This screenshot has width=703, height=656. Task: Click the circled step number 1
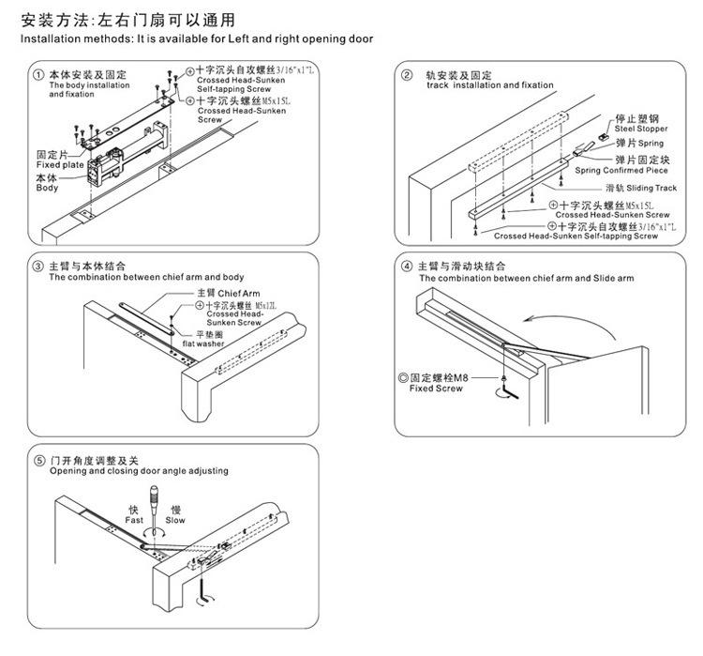point(38,74)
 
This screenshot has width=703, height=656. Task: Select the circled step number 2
point(407,75)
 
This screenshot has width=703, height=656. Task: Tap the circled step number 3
point(38,267)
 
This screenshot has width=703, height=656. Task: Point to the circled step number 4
point(407,267)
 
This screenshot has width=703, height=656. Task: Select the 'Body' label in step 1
point(47,188)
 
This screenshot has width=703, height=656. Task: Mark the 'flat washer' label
point(217,343)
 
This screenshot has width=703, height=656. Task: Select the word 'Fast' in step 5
point(136,519)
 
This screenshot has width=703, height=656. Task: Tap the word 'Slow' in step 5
point(175,519)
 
